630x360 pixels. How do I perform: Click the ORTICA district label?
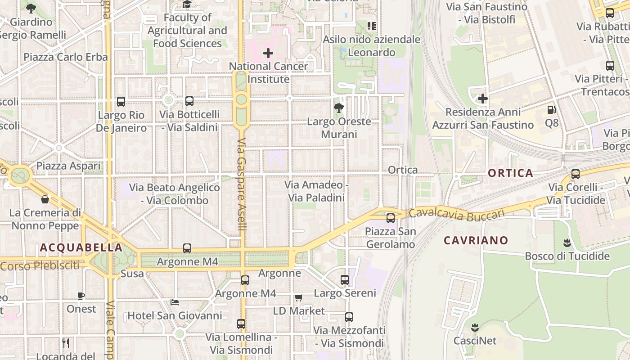pos(510,173)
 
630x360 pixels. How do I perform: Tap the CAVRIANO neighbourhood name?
pos(476,240)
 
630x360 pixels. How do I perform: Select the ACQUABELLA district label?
pos(81,247)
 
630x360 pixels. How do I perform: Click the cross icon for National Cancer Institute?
pos(268,53)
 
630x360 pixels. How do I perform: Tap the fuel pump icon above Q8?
pos(551,109)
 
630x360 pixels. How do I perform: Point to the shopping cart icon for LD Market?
pos(298,297)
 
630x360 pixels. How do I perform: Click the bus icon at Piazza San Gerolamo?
pos(391,218)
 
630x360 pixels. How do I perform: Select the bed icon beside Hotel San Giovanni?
pos(175,302)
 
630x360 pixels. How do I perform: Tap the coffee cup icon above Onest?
pos(81,296)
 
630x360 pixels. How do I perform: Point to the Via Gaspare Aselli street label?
pos(242,184)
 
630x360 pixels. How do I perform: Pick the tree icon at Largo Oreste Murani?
pos(338,108)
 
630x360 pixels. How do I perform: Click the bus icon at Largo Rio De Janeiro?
pos(121,101)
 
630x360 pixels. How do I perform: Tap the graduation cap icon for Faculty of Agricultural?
pos(187,4)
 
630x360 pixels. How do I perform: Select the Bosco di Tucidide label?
pos(567,256)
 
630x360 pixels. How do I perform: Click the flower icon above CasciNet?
pos(474,327)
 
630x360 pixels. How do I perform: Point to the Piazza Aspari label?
pos(68,166)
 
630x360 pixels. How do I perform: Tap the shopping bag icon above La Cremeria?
pos(45,199)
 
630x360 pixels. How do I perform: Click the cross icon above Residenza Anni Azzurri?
pos(483,98)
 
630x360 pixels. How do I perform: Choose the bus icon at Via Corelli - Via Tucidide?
pos(575,174)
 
